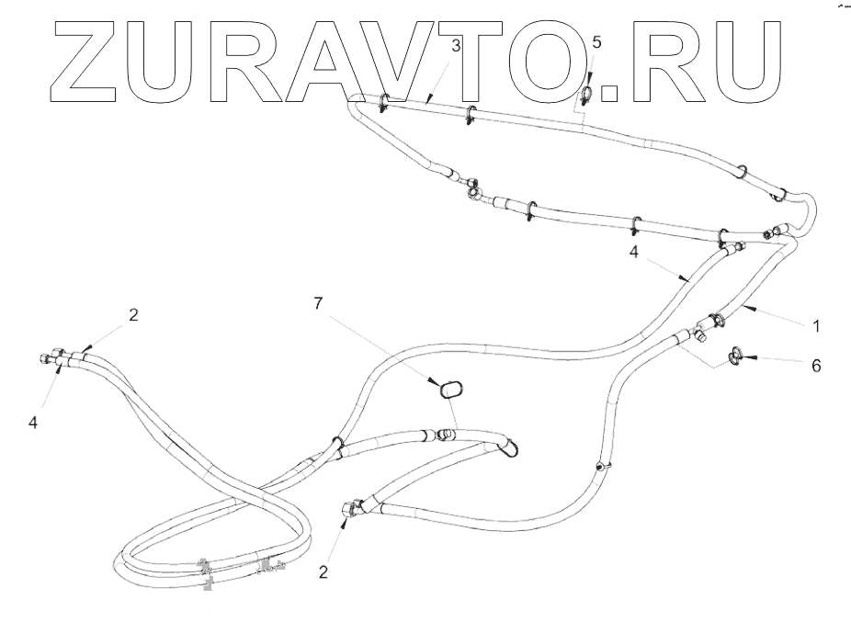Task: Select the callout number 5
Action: click(x=596, y=43)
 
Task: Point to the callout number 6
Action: click(x=814, y=366)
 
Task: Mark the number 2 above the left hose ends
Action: click(x=133, y=315)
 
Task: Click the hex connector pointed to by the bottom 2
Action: click(x=350, y=507)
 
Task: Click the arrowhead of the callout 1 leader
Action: click(x=750, y=309)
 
